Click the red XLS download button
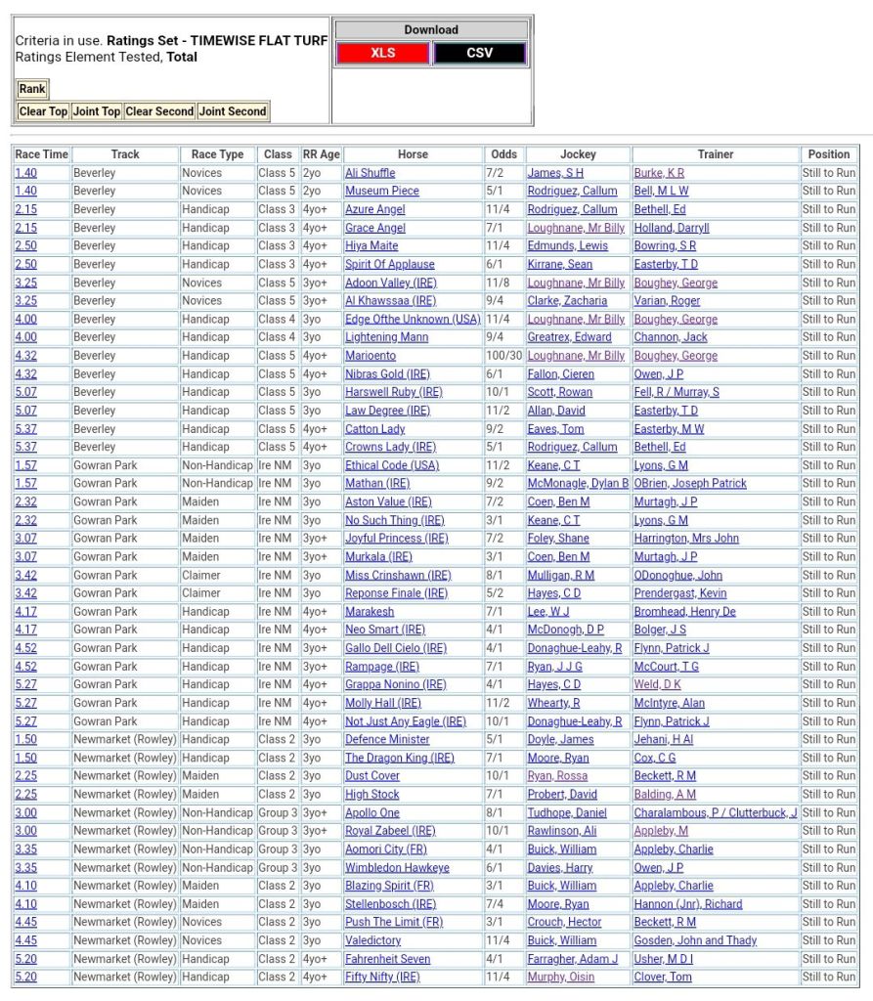pos(382,53)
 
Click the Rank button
pos(32,89)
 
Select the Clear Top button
pos(44,111)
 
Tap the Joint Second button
pos(233,111)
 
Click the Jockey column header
pos(578,154)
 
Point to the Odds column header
pos(504,154)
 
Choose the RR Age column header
pos(322,154)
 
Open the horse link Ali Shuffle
pos(371,173)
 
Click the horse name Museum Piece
pos(382,192)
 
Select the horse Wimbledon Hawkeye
pos(397,868)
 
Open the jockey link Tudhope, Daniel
pos(567,813)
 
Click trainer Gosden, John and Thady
pos(695,940)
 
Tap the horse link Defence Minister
pos(387,740)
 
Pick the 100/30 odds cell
pos(504,356)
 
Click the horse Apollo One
pos(372,813)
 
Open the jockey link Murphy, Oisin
pos(561,978)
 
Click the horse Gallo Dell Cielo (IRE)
pos(396,648)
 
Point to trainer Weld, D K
pos(658,685)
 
